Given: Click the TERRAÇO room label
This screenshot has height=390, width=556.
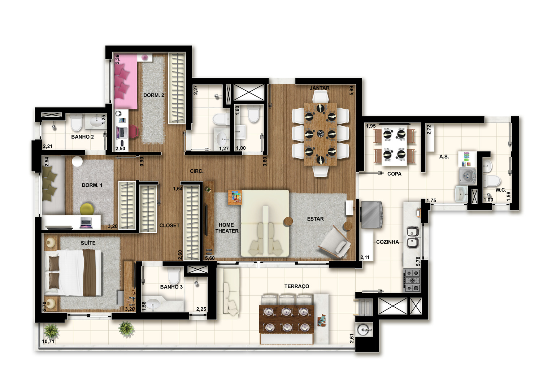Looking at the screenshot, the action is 297,286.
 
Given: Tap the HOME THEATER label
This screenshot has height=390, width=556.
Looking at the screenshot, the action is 227,228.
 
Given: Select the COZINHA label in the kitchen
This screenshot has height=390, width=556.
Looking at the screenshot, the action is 387,242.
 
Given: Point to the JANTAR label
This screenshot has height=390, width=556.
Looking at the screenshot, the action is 320,88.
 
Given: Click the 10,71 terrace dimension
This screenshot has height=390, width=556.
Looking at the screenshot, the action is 48,342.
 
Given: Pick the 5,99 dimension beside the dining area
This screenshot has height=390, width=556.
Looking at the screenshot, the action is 351,91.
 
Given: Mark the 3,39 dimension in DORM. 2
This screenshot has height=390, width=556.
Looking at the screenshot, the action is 117,59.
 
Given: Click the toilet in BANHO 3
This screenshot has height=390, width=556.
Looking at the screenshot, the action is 174,275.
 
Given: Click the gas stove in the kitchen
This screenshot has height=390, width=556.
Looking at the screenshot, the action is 412,280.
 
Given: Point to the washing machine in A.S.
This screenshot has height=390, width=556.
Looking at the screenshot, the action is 468,176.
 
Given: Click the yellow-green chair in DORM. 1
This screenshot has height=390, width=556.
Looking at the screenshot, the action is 87,209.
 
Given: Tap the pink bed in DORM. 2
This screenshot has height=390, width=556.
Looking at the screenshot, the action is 126,82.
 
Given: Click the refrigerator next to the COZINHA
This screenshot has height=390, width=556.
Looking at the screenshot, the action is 372,214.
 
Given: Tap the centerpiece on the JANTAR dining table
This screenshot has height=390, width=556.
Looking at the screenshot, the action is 321,134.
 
